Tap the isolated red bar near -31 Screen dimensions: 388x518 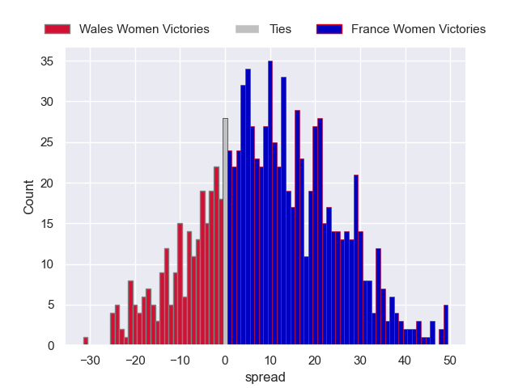86,341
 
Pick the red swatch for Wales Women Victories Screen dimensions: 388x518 57,29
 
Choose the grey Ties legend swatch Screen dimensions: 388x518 248,29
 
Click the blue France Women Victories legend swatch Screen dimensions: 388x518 329,29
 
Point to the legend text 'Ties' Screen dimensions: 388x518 281,29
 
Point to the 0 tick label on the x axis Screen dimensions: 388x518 226,360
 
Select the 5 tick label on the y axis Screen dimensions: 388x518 50,305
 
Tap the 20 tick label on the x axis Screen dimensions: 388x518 315,360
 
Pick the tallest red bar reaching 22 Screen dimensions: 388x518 216,256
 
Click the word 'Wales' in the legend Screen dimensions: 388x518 96,29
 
